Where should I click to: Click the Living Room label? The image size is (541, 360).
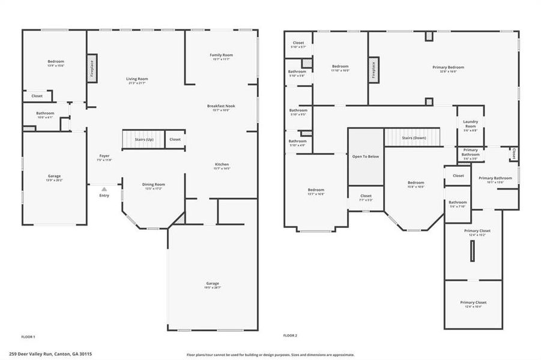137,79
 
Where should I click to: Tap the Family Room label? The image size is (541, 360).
222,55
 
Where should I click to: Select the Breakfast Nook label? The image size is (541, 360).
222,106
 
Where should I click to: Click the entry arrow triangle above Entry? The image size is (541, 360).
104,189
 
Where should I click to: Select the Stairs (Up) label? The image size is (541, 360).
144,139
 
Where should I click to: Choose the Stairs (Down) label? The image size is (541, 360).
413,137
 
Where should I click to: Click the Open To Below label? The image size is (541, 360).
366,157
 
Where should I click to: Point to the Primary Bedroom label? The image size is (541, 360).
448,67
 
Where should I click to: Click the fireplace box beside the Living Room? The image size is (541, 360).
92,68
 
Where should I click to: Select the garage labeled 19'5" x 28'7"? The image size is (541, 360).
213,283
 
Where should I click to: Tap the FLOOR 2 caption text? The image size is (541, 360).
290,335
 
